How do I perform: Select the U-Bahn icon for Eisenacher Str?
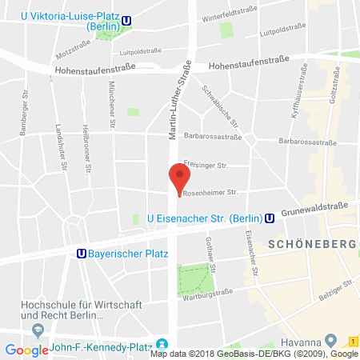tap(270, 217)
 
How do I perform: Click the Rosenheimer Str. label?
tap(210, 193)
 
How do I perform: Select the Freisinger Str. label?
tap(206, 166)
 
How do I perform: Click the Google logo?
tap(26, 350)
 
